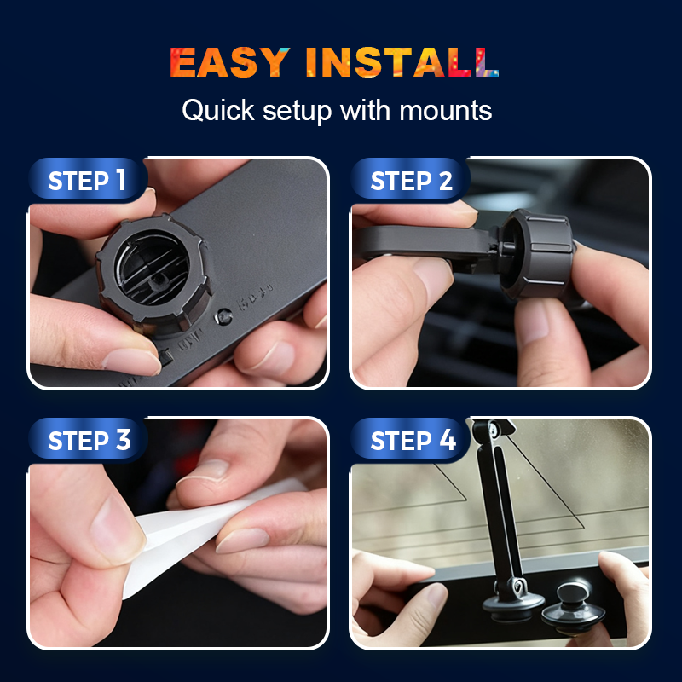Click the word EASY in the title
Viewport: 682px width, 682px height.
click(x=229, y=62)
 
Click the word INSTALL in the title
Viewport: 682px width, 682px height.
click(x=402, y=62)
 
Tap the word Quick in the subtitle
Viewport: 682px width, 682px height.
click(x=218, y=111)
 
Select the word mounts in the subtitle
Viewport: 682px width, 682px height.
click(x=445, y=111)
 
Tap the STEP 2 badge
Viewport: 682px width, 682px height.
click(x=410, y=180)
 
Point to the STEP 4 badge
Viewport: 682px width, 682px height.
click(x=410, y=440)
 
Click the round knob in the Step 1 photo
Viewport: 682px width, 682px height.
click(x=153, y=273)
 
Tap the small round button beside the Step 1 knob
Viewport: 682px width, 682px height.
click(x=224, y=316)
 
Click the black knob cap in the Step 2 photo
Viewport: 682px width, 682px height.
click(x=538, y=253)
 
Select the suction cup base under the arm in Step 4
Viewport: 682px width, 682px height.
click(x=513, y=604)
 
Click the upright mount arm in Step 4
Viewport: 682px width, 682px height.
click(x=500, y=513)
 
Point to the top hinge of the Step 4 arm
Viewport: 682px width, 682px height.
click(x=493, y=431)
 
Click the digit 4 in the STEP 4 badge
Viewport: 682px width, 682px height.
click(x=448, y=440)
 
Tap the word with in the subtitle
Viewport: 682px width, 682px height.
click(x=365, y=111)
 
